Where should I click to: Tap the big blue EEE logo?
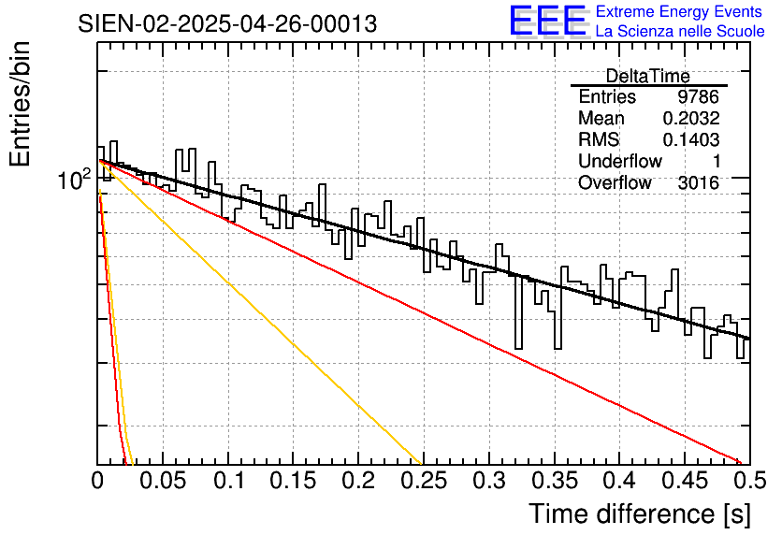[x=547, y=21]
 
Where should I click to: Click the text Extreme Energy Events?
[x=680, y=12]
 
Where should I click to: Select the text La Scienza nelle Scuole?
[x=680, y=32]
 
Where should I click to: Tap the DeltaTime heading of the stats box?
[x=647, y=76]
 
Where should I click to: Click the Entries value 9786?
[x=698, y=97]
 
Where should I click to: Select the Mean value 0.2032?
[x=690, y=119]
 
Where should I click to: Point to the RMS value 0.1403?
[x=690, y=140]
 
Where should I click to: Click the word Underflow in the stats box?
[x=619, y=162]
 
